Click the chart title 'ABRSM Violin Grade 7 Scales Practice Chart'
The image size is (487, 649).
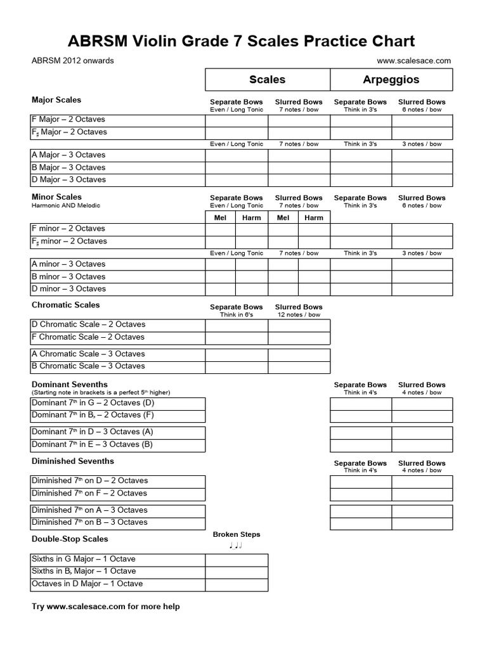242,42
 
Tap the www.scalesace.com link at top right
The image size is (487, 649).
413,61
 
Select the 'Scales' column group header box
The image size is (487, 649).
267,80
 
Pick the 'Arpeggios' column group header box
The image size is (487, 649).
391,80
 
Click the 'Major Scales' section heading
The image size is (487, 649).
56,100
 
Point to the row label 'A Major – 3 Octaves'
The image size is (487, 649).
68,155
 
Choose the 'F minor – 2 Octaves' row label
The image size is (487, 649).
68,229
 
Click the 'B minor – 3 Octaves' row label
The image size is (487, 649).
68,277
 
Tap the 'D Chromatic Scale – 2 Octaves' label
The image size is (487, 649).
88,324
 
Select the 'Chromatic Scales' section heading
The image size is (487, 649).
66,305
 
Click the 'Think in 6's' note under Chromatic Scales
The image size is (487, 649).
236,315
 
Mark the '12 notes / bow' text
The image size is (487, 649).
299,315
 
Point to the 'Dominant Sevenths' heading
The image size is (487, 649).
70,385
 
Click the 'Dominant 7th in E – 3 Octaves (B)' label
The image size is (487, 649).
93,444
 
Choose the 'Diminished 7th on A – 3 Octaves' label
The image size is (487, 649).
89,510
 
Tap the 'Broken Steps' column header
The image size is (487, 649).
236,534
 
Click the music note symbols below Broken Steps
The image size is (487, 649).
236,546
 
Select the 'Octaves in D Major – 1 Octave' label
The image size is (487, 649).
88,584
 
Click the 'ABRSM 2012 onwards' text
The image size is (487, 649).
73,61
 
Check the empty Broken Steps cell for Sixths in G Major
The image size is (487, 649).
236,560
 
